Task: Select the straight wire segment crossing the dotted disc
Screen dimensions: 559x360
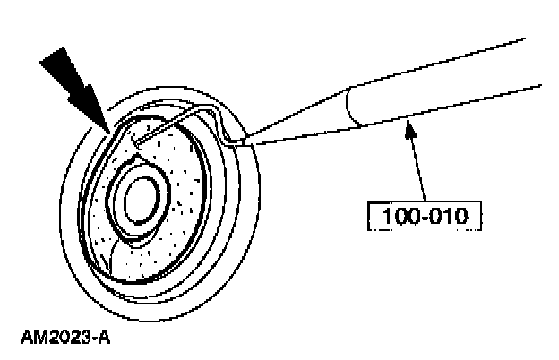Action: [166, 124]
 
